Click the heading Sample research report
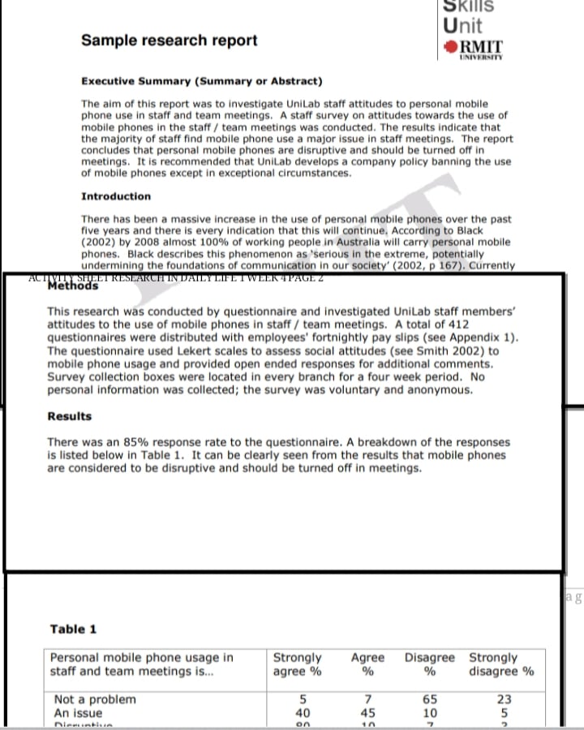pos(169,41)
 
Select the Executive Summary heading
pos(201,81)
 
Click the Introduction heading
pos(116,196)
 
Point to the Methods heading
pos(74,286)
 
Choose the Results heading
pos(70,416)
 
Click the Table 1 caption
pos(73,629)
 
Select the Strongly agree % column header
pos(298,664)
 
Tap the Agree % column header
pos(367,664)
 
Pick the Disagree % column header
pos(430,664)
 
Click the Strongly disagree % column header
pos(501,664)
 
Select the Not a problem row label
pos(95,699)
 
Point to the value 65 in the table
pos(431,699)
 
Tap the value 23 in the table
pos(504,699)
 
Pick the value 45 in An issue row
pos(367,713)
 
